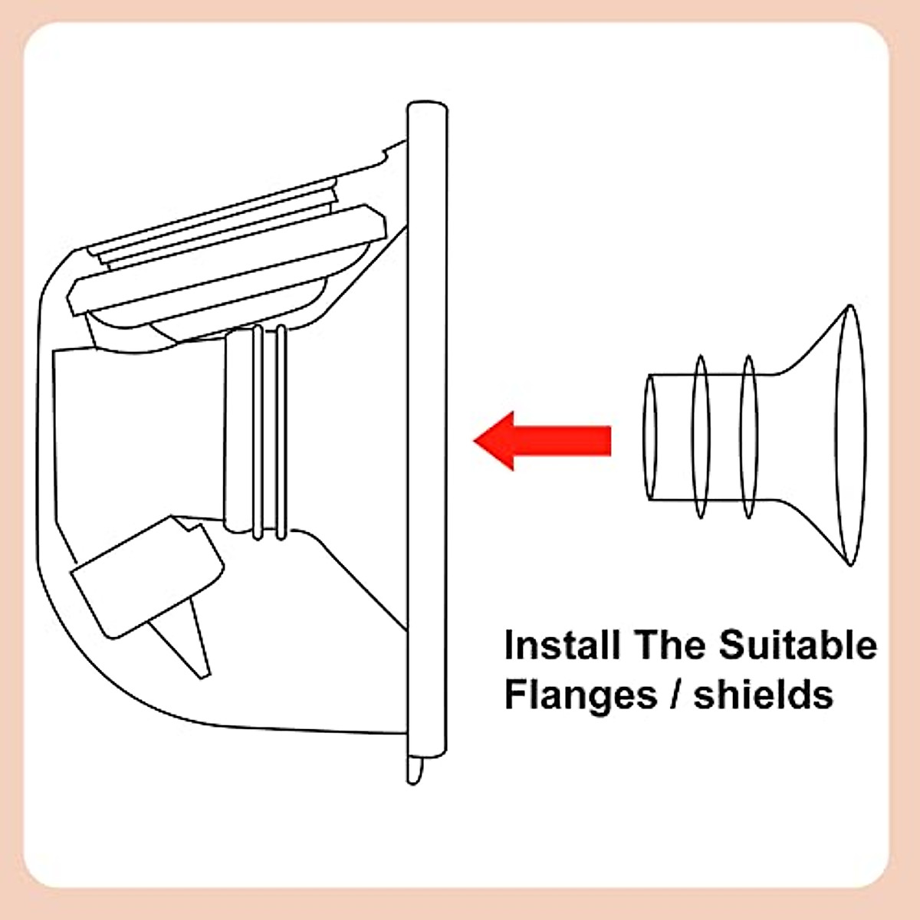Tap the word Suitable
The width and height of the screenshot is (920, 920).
pos(797,646)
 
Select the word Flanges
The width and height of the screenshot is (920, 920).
pos(580,694)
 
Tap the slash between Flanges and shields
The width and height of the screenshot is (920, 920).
pos(675,694)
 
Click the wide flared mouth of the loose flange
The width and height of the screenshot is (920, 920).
pos(851,435)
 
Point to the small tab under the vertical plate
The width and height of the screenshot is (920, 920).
pos(415,770)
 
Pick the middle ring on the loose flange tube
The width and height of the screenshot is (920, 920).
pos(700,437)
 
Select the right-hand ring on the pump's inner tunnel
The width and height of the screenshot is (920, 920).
pos(281,429)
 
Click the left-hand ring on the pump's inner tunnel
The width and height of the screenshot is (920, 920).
pos(258,429)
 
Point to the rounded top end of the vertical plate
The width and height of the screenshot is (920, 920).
pos(426,107)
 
